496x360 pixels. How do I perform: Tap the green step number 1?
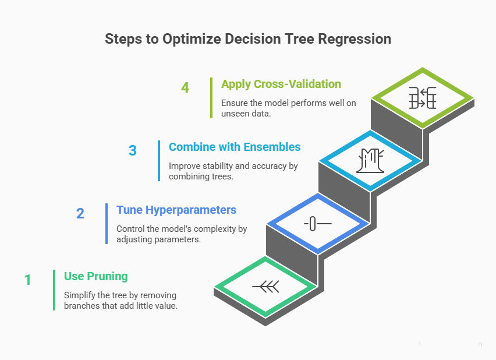point(27,280)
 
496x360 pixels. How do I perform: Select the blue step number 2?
point(80,213)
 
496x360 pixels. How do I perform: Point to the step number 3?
point(132,150)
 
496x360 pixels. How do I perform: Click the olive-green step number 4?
point(185,88)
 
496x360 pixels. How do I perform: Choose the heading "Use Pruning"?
point(96,276)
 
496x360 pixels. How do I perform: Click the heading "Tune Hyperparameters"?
point(176,210)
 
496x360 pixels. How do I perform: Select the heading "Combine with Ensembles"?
point(234,147)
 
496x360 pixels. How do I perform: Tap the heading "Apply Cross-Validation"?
point(281,84)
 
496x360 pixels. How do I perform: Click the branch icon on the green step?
point(265,286)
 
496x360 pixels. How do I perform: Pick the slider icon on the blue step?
point(317,223)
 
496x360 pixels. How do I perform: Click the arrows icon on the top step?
point(422,97)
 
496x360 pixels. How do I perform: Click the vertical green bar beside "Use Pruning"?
point(54,290)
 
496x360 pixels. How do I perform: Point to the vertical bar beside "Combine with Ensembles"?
point(159,160)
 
